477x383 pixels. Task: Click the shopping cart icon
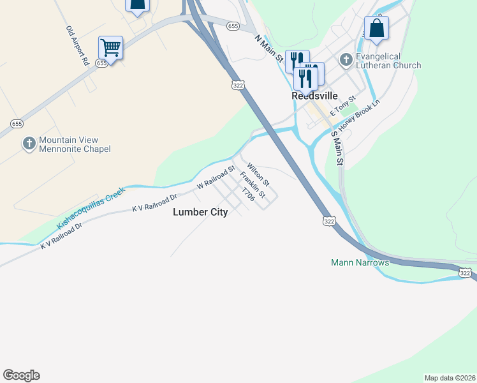[x=110, y=47]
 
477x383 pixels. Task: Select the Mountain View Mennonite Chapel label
[x=75, y=144]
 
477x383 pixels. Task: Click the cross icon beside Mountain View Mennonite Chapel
[x=29, y=144]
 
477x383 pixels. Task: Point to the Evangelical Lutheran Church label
[x=389, y=61]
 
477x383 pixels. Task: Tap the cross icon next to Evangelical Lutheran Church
[x=346, y=61]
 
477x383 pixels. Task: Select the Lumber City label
[x=200, y=213]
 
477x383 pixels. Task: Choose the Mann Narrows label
[x=360, y=262]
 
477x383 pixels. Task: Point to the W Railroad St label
[x=216, y=177]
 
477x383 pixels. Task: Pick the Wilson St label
[x=258, y=171]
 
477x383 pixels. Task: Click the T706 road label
[x=248, y=195]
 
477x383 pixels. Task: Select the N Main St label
[x=268, y=48]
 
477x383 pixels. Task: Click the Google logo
[x=21, y=375]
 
